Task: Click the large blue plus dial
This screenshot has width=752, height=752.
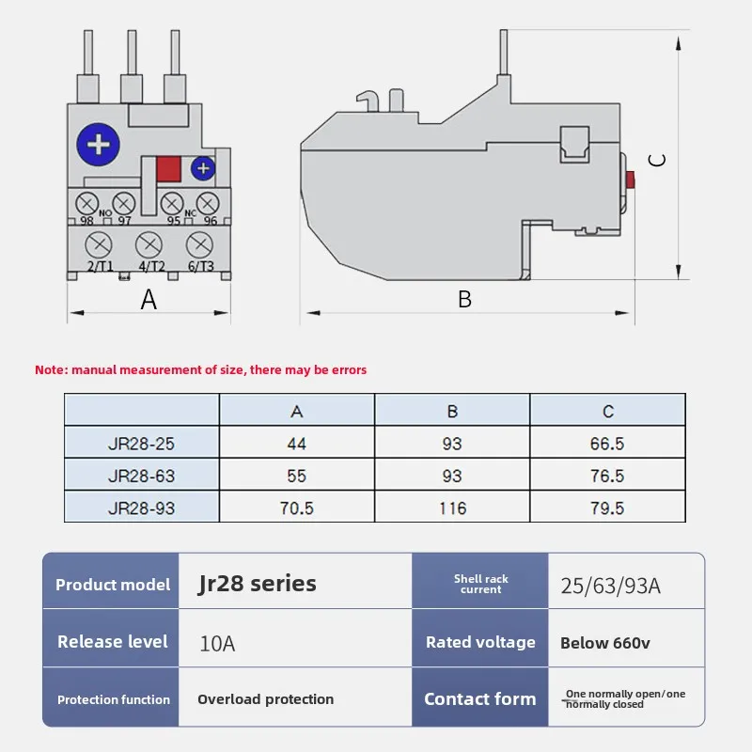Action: pyautogui.click(x=100, y=146)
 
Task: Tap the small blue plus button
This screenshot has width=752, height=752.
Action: pyautogui.click(x=203, y=168)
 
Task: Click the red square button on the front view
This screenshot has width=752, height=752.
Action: pyautogui.click(x=169, y=169)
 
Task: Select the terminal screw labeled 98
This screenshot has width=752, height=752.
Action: pyautogui.click(x=87, y=202)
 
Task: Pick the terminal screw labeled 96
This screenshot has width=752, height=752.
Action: pyautogui.click(x=209, y=202)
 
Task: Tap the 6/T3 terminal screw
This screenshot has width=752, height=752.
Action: pyautogui.click(x=199, y=245)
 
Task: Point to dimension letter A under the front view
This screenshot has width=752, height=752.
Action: pyautogui.click(x=149, y=300)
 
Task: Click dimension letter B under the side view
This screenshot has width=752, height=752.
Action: pyautogui.click(x=464, y=300)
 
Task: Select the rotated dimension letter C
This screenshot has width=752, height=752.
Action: pyautogui.click(x=659, y=160)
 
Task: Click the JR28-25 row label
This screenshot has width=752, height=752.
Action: pyautogui.click(x=141, y=444)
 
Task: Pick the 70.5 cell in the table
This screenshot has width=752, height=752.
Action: pyautogui.click(x=297, y=508)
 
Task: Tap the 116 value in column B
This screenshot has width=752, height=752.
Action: pyautogui.click(x=452, y=508)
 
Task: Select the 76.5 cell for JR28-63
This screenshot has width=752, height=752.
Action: pyautogui.click(x=607, y=476)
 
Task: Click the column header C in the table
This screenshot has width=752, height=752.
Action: pyautogui.click(x=607, y=411)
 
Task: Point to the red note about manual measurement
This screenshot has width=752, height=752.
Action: pyautogui.click(x=201, y=370)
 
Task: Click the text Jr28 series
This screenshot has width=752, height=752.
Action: pyautogui.click(x=258, y=583)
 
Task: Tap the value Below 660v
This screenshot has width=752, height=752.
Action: pyautogui.click(x=604, y=643)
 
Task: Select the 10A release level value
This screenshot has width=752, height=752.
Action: pyautogui.click(x=217, y=644)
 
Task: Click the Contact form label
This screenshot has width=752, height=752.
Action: pyautogui.click(x=479, y=698)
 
